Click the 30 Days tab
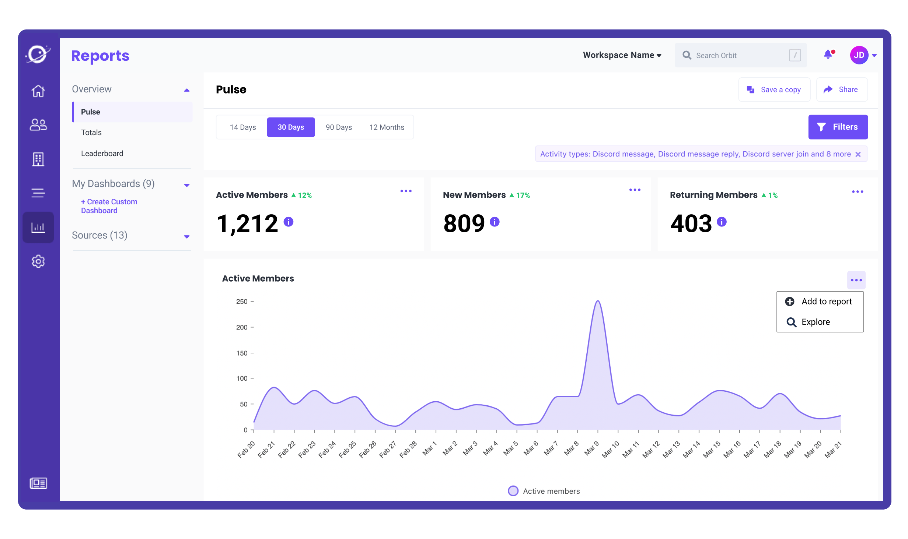pos(291,127)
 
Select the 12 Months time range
pos(387,127)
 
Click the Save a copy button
pos(774,89)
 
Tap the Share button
pos(842,89)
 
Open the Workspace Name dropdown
pos(622,55)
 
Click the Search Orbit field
pos(737,56)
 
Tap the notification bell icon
pos(828,54)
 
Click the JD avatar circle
pos(859,55)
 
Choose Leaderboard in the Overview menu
pos(102,154)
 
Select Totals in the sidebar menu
pos(91,133)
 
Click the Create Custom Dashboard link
pos(109,206)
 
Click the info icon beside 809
pos(495,222)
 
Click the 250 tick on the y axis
pos(242,302)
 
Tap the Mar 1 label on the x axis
pos(429,448)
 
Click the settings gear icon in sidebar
pos(38,261)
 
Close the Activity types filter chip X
pos(858,154)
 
